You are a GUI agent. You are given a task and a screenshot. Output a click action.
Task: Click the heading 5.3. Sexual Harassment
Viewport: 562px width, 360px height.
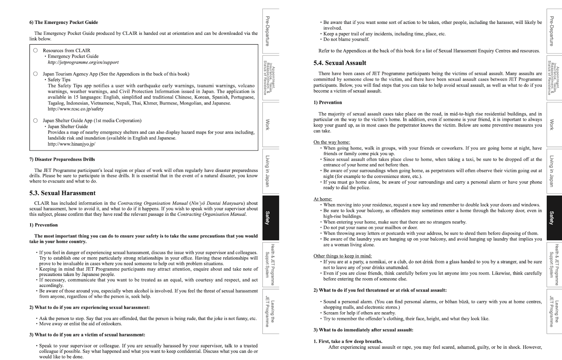[63, 193]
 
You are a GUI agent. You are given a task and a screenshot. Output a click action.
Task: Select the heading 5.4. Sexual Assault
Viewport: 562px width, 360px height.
[340, 63]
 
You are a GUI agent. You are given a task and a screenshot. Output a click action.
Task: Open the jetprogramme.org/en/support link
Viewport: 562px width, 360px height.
[83, 62]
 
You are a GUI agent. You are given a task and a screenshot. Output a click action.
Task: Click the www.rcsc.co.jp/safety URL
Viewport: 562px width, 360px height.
[76, 109]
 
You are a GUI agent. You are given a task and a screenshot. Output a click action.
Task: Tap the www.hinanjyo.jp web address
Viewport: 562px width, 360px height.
[71, 144]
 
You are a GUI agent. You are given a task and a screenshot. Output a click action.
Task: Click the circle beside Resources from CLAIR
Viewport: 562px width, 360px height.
[35, 50]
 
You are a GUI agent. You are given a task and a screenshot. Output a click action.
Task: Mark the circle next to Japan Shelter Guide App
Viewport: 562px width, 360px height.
[35, 121]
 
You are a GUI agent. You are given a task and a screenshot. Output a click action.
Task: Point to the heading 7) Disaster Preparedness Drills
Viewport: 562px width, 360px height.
[62, 159]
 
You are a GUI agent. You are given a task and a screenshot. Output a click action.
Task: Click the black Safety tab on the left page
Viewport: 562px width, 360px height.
[270, 218]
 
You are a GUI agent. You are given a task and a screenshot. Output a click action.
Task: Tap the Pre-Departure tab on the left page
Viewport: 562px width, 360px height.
[270, 31]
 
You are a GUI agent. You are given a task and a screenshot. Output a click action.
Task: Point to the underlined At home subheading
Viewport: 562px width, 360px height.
[322, 199]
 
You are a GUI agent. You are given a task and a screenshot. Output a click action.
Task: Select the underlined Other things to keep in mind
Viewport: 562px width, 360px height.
[342, 256]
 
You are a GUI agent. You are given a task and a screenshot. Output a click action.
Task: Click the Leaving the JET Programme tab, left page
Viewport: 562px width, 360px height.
[270, 311]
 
